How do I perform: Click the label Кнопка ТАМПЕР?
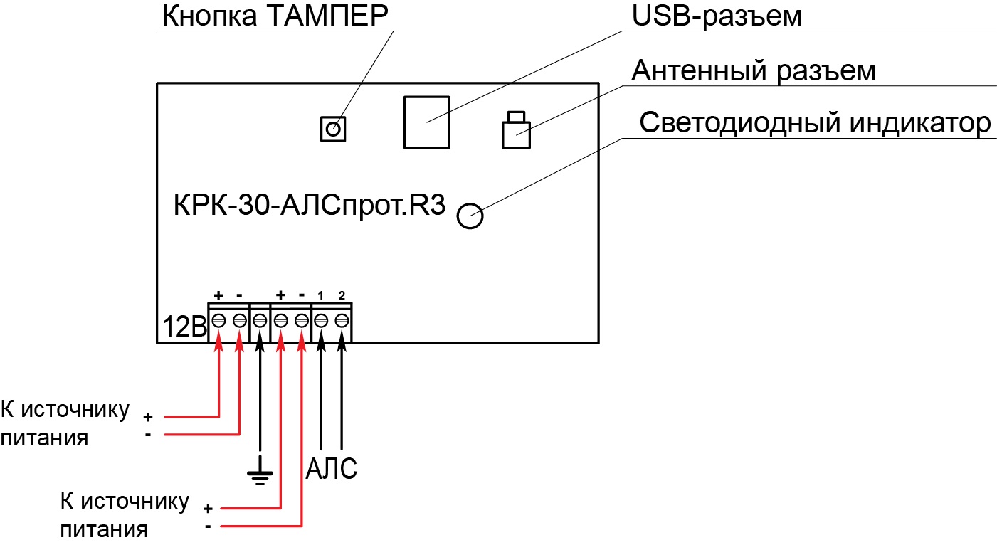[x=275, y=16]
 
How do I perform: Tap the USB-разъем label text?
[x=716, y=17]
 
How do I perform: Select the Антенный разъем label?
[x=753, y=70]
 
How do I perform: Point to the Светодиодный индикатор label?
[x=815, y=123]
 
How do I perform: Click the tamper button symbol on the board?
[x=333, y=129]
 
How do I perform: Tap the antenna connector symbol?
[x=516, y=130]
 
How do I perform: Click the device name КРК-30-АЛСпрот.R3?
[x=310, y=206]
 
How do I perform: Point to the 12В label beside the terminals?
[x=185, y=327]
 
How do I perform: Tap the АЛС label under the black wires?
[x=331, y=468]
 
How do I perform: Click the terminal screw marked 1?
[x=321, y=320]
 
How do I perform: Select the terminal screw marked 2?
[x=342, y=320]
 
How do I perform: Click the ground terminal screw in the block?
[x=260, y=320]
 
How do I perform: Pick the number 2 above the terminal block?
[x=342, y=295]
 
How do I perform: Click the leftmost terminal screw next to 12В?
[x=218, y=320]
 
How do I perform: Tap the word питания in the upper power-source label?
[x=44, y=438]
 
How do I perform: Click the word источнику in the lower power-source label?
[x=135, y=502]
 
